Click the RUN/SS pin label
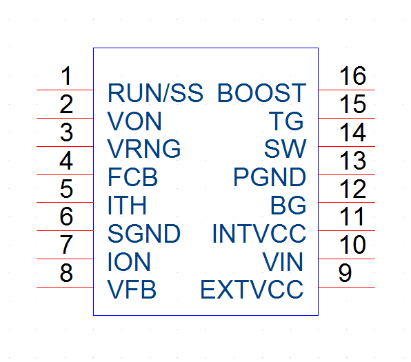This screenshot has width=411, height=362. [155, 93]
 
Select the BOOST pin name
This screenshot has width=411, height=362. [262, 93]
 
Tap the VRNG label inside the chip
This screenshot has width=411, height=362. [144, 149]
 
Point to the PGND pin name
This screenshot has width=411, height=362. [270, 177]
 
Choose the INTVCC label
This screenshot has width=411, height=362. [259, 234]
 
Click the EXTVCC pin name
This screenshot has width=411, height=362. [252, 290]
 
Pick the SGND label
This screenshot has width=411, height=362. [144, 234]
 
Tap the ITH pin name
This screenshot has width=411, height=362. [127, 205]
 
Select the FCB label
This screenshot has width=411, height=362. [133, 177]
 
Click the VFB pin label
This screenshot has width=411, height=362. [132, 290]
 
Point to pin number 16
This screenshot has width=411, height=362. [352, 76]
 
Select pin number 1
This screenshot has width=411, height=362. [66, 76]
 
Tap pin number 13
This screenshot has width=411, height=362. [352, 160]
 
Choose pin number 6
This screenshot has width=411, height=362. [66, 217]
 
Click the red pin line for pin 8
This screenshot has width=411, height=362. [65, 288]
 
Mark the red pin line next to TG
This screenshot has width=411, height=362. [346, 118]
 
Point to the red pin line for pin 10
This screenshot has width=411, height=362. [346, 259]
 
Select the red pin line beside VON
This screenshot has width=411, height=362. [65, 118]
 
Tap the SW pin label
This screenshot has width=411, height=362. [285, 149]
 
